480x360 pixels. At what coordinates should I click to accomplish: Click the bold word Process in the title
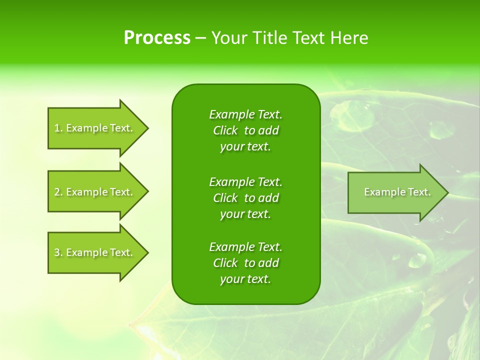[x=157, y=38]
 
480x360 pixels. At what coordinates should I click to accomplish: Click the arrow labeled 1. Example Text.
[x=95, y=128]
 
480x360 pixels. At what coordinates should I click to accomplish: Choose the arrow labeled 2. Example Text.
[x=95, y=192]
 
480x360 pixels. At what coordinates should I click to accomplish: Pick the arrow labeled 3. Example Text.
[x=95, y=252]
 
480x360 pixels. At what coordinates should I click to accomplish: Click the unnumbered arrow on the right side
[x=395, y=192]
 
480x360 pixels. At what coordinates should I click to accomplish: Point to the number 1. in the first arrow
[x=58, y=128]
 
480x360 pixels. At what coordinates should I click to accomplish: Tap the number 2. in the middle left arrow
[x=58, y=192]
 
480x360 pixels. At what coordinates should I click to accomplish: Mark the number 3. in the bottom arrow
[x=58, y=252]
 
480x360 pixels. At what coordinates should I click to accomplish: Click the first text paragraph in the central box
[x=245, y=130]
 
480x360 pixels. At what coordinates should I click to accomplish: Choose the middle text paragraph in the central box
[x=245, y=198]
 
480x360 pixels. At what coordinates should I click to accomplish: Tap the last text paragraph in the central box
[x=245, y=263]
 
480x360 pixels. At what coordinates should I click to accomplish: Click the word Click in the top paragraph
[x=225, y=130]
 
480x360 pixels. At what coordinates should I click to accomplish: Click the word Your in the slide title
[x=228, y=38]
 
